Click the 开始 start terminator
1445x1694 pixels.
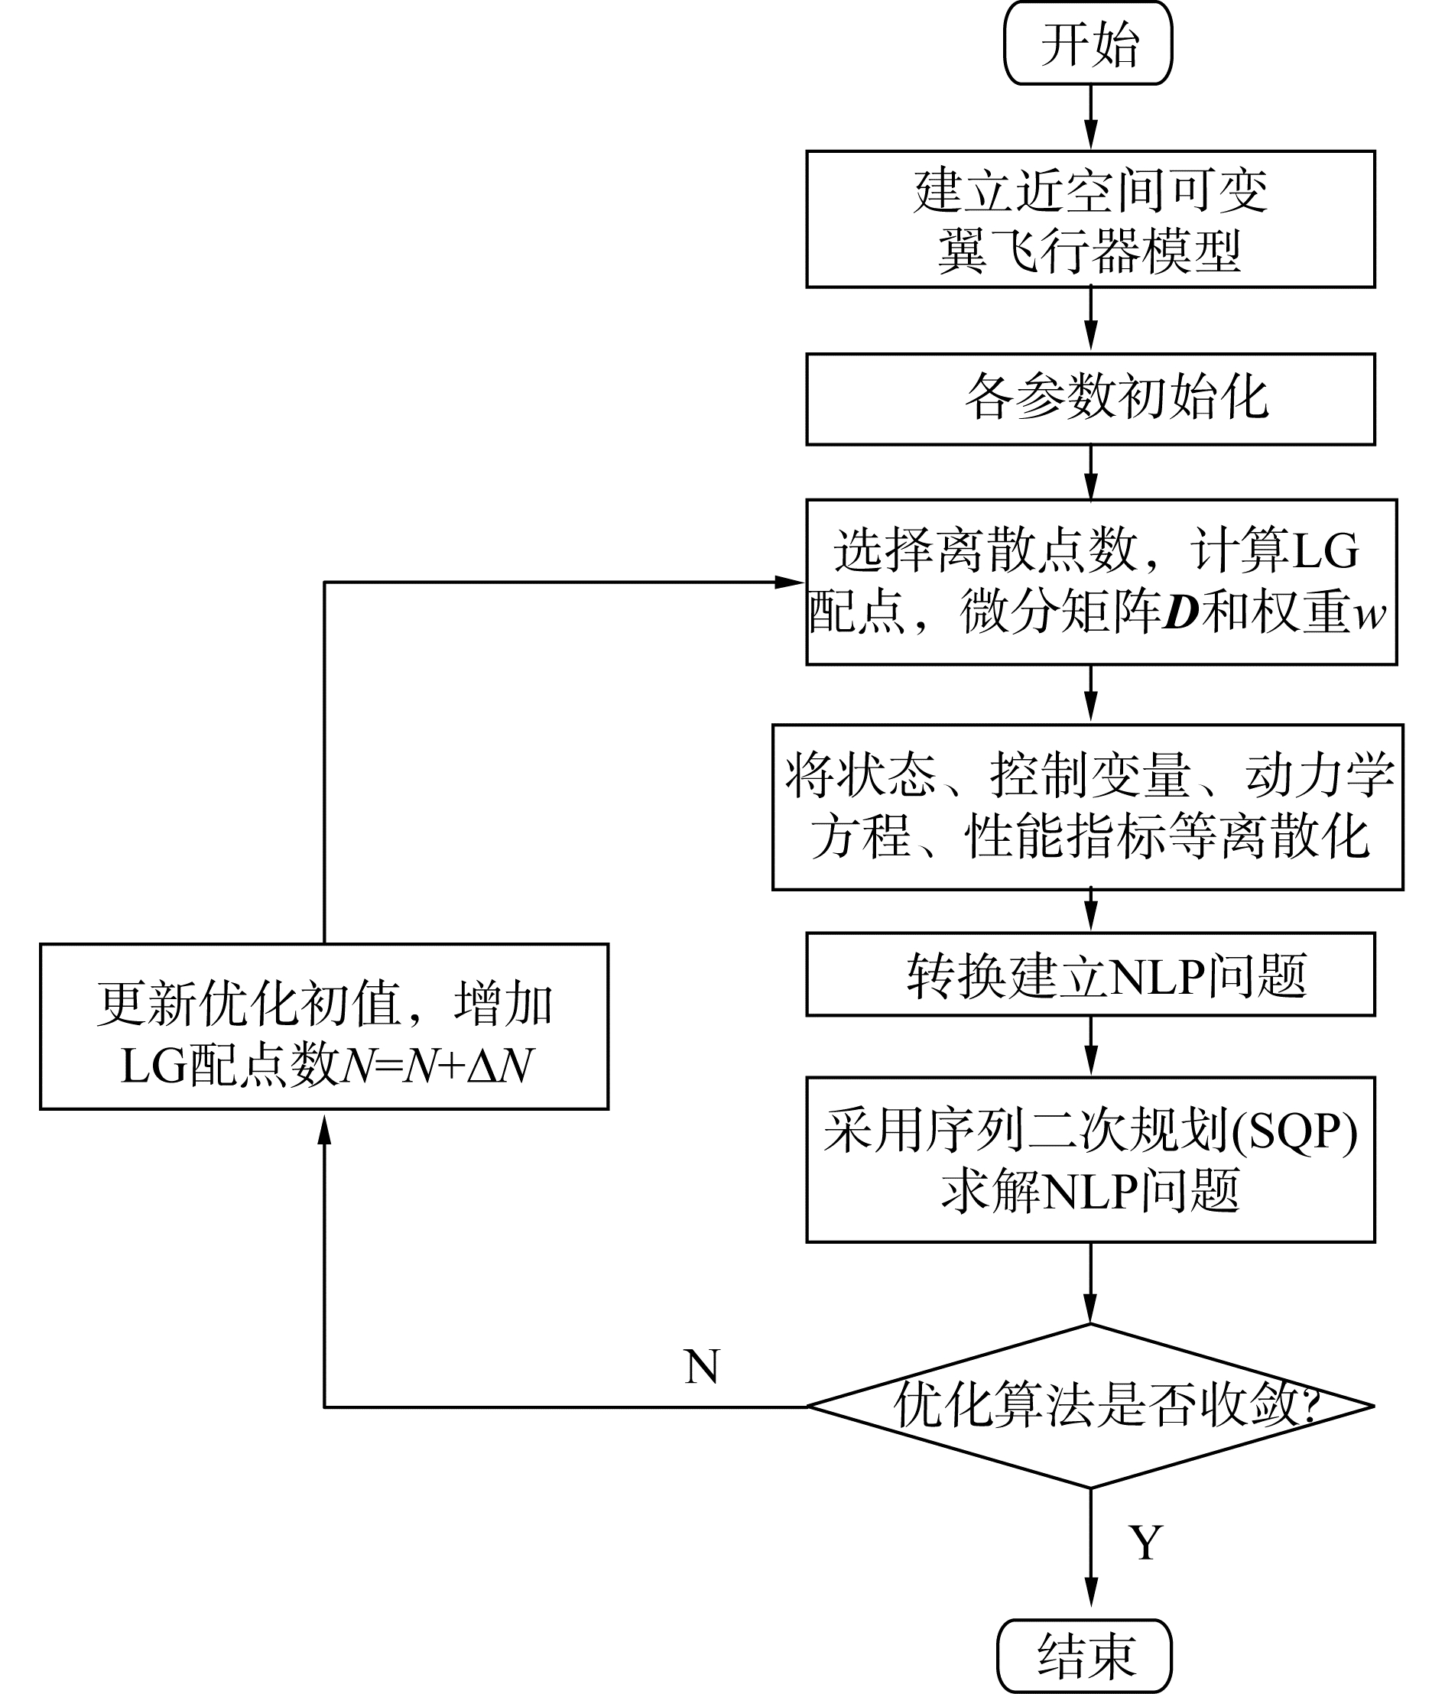pos(1088,44)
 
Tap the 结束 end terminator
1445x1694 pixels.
pos(1084,1656)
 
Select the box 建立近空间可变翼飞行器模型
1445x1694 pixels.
pos(1090,219)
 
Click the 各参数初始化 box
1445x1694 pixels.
pos(1090,399)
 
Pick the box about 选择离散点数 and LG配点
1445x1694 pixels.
pos(1101,582)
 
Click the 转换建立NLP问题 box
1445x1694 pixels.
pos(1090,975)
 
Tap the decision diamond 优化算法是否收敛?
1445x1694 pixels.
pos(1090,1407)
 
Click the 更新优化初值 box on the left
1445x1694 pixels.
pos(324,1027)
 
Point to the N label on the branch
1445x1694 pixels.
pos(702,1367)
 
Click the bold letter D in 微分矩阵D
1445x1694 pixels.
pos(1180,613)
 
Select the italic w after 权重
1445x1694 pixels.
pos(1370,615)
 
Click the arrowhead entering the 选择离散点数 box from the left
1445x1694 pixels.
pos(790,582)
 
